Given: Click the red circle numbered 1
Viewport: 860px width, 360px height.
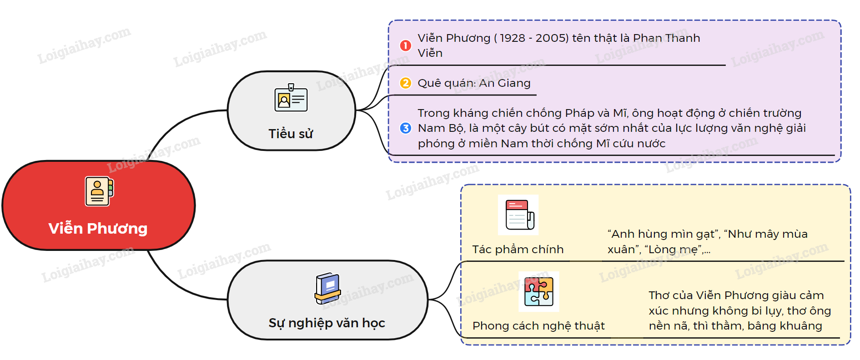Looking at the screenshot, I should (405, 45).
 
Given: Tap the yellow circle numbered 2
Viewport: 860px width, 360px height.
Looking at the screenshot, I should (405, 83).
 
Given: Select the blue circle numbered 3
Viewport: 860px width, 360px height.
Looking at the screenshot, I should (405, 128).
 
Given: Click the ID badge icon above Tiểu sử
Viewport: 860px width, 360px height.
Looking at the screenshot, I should (291, 98).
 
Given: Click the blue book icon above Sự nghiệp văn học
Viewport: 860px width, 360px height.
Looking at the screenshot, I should (327, 289).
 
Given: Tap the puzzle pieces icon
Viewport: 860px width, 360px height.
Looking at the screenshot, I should (539, 291).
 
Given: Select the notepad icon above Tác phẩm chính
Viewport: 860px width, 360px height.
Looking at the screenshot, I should (518, 215).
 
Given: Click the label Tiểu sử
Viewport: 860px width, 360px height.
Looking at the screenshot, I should (291, 134).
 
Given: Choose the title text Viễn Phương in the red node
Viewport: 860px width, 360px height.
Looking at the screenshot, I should (98, 228).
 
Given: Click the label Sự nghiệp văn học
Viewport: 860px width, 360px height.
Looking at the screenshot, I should (327, 323).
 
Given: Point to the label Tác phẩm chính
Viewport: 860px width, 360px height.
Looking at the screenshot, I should (518, 250).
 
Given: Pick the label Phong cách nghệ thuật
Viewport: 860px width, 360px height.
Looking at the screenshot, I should (538, 326).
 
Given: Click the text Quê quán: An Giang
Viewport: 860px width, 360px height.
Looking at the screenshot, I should (474, 83).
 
